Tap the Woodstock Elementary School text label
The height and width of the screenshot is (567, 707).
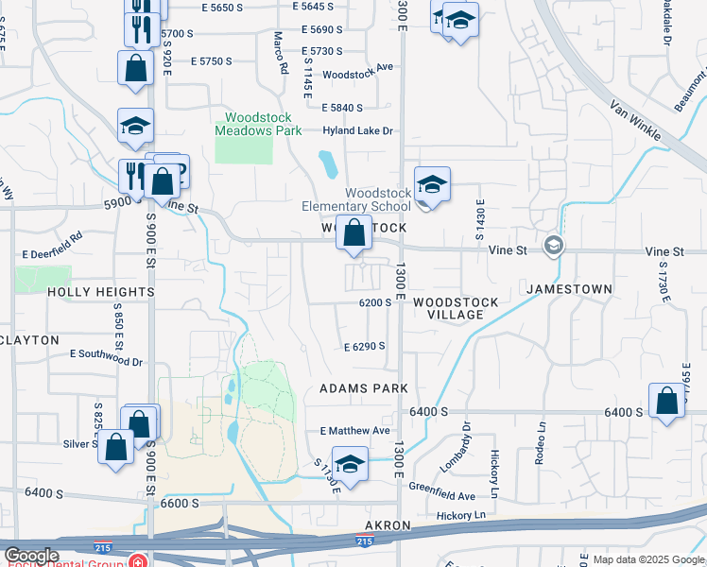tap(357, 199)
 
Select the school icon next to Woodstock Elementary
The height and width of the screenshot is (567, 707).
tap(432, 184)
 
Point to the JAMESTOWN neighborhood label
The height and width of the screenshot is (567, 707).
tap(569, 288)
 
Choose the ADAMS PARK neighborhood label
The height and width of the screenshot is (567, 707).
tap(363, 388)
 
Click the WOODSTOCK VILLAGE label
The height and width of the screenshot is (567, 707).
tap(462, 308)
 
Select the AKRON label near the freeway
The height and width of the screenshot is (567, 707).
tap(388, 525)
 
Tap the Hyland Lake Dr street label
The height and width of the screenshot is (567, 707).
tap(357, 131)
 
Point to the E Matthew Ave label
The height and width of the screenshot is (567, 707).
tap(354, 430)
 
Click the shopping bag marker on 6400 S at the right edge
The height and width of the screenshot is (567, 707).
tap(667, 401)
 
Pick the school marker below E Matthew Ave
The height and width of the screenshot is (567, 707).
tap(351, 465)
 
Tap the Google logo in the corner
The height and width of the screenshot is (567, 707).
tap(31, 555)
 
